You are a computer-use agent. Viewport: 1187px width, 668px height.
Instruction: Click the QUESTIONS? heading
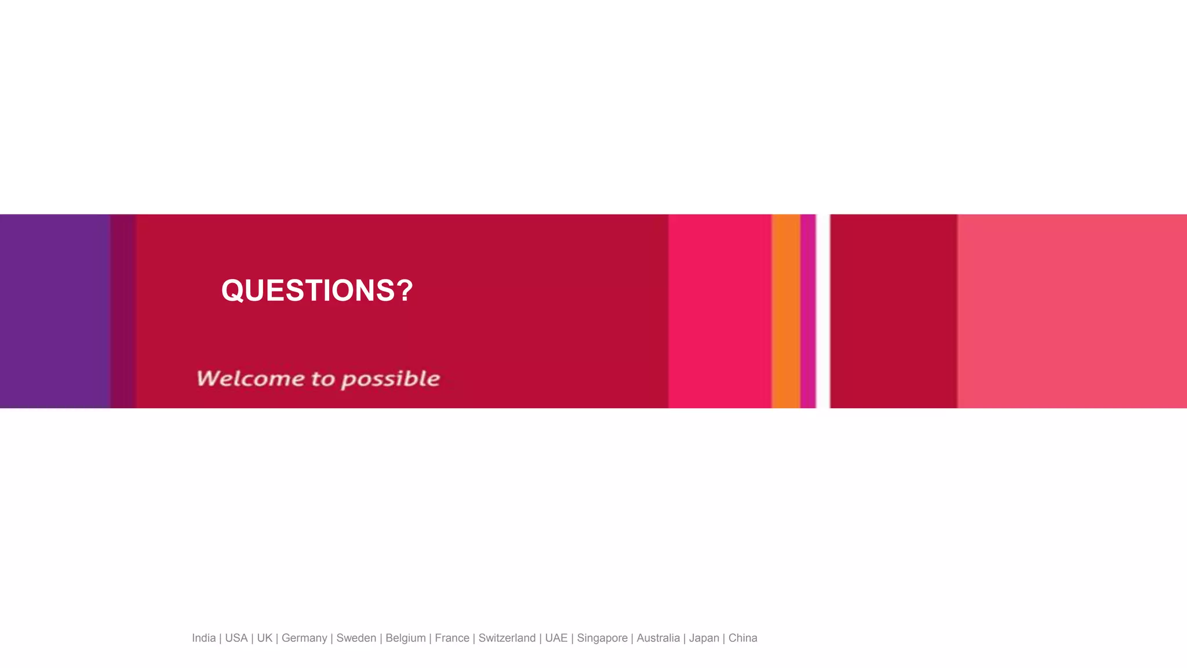tap(317, 291)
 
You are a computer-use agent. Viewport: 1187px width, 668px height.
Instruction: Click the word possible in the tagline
tap(391, 380)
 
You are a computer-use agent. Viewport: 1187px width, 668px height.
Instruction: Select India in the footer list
tap(203, 638)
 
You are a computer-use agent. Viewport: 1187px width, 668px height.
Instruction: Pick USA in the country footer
tap(236, 638)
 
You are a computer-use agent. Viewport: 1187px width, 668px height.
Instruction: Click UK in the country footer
tap(264, 638)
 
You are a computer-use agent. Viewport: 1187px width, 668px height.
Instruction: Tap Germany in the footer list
tap(304, 638)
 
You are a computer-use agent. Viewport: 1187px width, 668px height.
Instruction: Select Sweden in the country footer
tap(356, 638)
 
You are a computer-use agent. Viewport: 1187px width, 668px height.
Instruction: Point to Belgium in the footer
tap(405, 638)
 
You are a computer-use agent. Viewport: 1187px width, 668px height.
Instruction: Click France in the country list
tap(452, 638)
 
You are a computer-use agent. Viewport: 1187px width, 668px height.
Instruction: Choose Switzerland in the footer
tap(507, 638)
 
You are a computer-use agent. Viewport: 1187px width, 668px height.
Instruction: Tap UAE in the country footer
tap(556, 638)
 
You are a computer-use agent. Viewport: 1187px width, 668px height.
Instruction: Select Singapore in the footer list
tap(602, 638)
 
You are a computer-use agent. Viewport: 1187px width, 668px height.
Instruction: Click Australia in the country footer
tap(658, 638)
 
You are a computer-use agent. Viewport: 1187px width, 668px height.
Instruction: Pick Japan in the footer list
tap(704, 638)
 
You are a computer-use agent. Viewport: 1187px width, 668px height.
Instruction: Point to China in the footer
tap(742, 638)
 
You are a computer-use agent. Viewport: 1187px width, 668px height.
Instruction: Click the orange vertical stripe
tap(786, 311)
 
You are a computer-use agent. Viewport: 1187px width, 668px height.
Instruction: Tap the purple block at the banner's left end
tap(55, 311)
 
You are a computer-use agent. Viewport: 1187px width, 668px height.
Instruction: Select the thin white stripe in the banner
tap(823, 311)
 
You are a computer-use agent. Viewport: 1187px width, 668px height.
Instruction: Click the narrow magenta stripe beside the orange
tap(808, 311)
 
